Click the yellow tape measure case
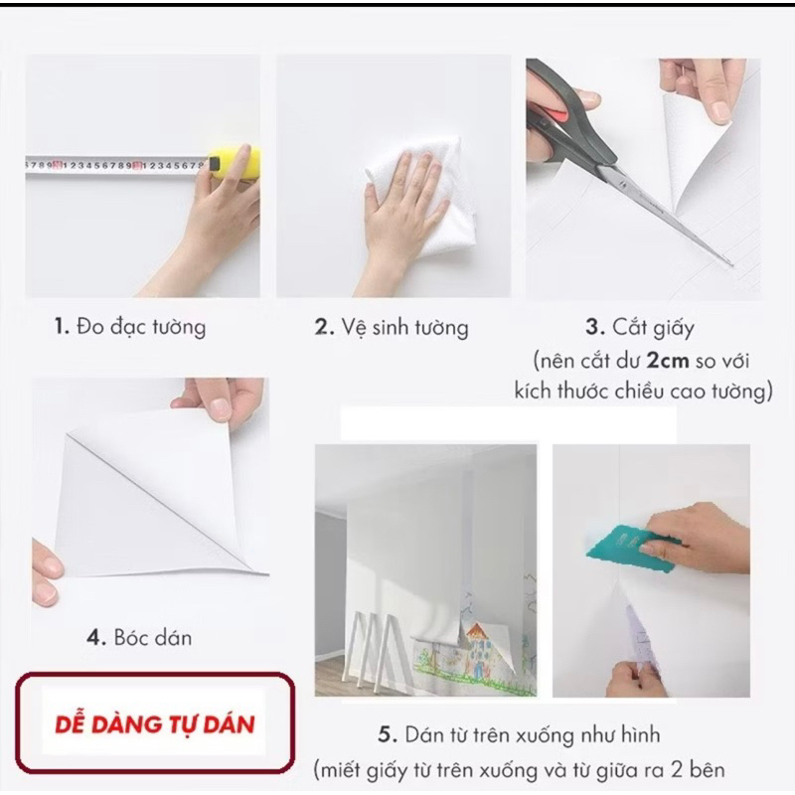click(x=237, y=162)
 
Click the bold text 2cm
click(x=668, y=361)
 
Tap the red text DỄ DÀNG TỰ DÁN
click(x=155, y=725)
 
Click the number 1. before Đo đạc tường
click(x=62, y=327)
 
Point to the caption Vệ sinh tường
click(x=404, y=328)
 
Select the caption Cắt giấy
click(x=653, y=329)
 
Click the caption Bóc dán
click(x=153, y=638)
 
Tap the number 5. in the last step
click(x=388, y=735)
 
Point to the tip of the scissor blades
click(x=731, y=264)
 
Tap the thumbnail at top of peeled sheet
click(x=221, y=407)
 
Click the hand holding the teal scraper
click(x=700, y=538)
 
